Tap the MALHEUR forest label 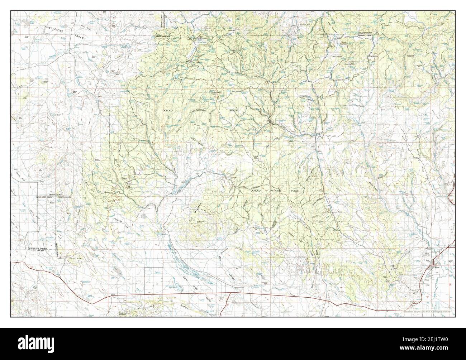338,57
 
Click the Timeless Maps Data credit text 428,312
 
